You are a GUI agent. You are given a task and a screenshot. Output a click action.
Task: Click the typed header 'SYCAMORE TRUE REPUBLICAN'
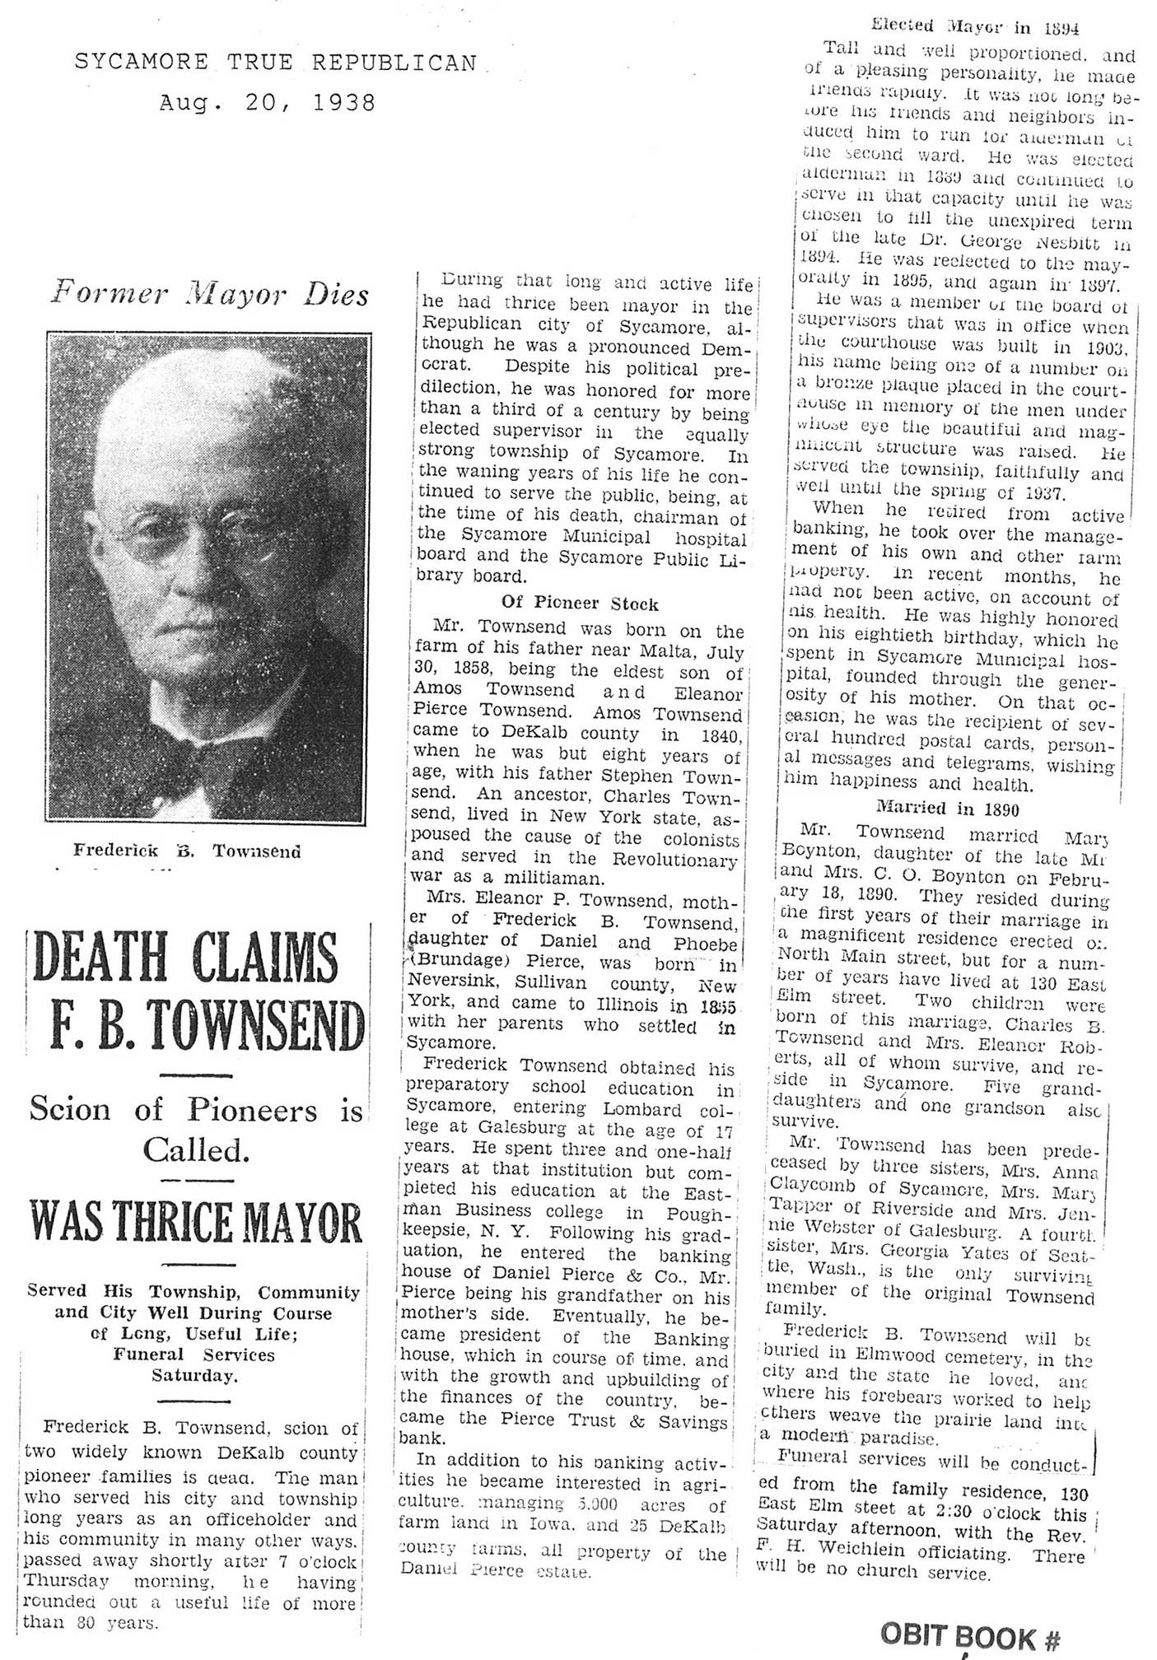[x=275, y=63]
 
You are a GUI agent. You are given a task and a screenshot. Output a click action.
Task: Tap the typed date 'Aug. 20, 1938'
[x=267, y=103]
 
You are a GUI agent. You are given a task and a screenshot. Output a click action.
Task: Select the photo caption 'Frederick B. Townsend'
[x=187, y=851]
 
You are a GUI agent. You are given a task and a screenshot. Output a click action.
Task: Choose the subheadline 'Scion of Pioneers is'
[x=195, y=1110]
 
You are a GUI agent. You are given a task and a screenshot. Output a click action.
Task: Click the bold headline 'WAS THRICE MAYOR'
[x=196, y=1223]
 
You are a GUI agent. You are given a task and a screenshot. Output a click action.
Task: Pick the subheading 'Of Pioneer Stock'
[x=580, y=604]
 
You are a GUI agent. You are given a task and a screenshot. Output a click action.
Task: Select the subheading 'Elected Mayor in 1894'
[x=974, y=27]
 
